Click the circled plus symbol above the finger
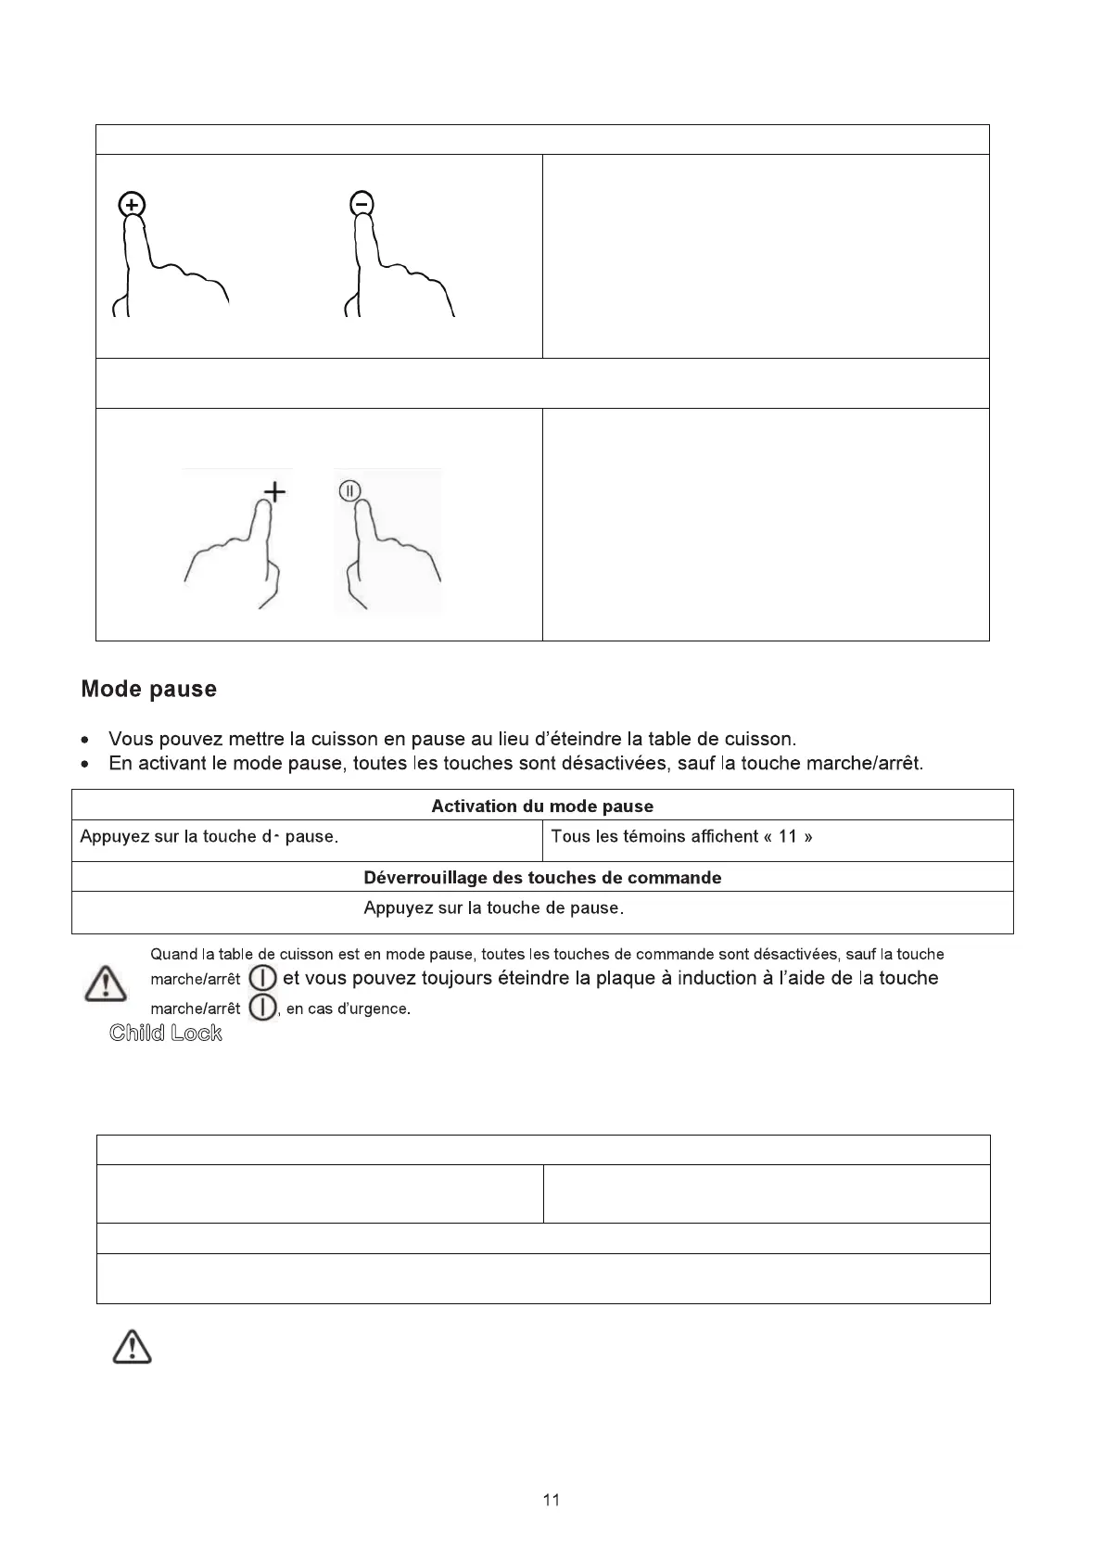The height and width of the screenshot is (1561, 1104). pos(133,205)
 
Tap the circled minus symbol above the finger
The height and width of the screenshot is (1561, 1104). pos(362,203)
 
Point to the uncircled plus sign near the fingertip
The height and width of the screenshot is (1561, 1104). pos(274,492)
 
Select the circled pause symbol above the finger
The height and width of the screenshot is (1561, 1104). pos(349,491)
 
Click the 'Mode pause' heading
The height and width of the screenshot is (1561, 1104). pos(148,690)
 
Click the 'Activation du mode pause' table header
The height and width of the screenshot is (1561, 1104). pos(542,806)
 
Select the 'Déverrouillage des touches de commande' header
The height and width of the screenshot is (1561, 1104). pos(542,878)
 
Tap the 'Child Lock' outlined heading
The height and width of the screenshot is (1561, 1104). pos(166,1034)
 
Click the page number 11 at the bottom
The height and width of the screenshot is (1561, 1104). pos(552,1501)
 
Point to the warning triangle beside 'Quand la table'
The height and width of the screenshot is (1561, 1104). pos(106,983)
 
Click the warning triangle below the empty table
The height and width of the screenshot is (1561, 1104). pos(133,1347)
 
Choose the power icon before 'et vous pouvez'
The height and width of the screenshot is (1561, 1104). pos(263,978)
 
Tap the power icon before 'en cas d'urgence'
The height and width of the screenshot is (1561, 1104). pos(263,1008)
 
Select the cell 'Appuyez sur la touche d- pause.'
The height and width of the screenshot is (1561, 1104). pos(209,837)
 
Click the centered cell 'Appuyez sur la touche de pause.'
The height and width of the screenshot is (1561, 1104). pos(493,908)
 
